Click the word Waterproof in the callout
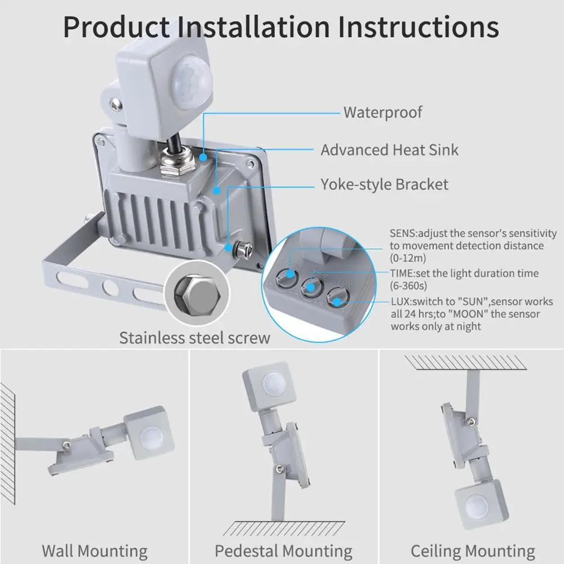coord(383,112)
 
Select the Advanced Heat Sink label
coord(389,150)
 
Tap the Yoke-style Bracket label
coord(384,184)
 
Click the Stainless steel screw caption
coord(194,337)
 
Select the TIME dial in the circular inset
coord(309,288)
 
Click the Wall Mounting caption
coord(94,550)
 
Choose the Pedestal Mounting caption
coord(283,550)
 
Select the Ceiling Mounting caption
coord(472,550)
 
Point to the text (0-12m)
coord(408,258)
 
